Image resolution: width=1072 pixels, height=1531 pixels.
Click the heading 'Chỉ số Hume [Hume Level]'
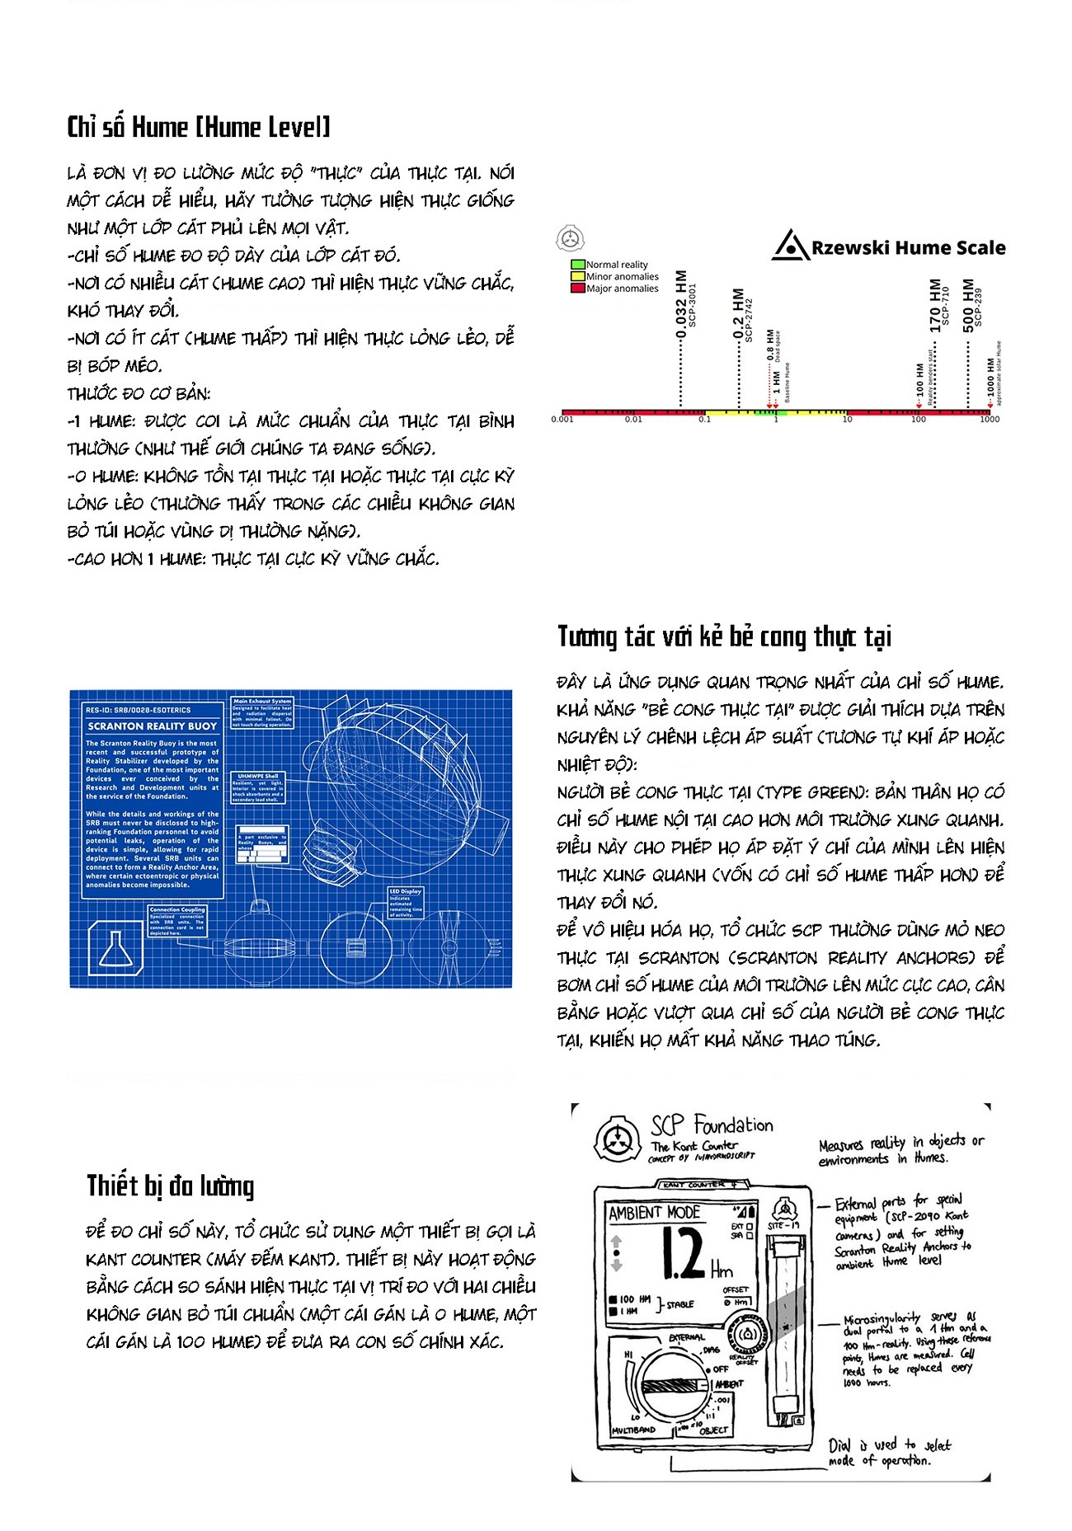pos(198,127)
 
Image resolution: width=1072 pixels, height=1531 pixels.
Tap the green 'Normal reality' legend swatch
pos(578,265)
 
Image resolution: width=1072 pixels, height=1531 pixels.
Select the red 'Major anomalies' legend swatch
pos(578,289)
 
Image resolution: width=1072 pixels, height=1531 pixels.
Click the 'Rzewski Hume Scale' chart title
pos(907,247)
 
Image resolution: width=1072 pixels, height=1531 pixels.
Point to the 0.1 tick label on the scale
pos(704,420)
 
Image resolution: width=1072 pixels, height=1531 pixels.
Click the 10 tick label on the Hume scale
pos(847,420)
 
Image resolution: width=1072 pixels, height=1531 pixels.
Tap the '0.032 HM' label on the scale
pos(681,305)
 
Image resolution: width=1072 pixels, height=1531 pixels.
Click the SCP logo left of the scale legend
pos(569,240)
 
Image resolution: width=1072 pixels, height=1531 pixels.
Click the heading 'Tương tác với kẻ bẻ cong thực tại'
pos(724,636)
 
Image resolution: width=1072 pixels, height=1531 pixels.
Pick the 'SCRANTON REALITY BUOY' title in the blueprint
pos(153,726)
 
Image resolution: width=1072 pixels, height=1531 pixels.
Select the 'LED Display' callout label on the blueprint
pos(406,891)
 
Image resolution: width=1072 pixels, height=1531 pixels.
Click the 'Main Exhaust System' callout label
pos(262,702)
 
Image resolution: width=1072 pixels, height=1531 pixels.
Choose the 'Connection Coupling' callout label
pos(177,910)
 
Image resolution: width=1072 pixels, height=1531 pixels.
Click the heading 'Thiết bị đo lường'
pos(171,1186)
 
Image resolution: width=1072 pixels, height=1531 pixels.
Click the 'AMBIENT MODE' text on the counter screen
pos(654,1213)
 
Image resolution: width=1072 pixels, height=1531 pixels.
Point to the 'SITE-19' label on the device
pos(783,1226)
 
